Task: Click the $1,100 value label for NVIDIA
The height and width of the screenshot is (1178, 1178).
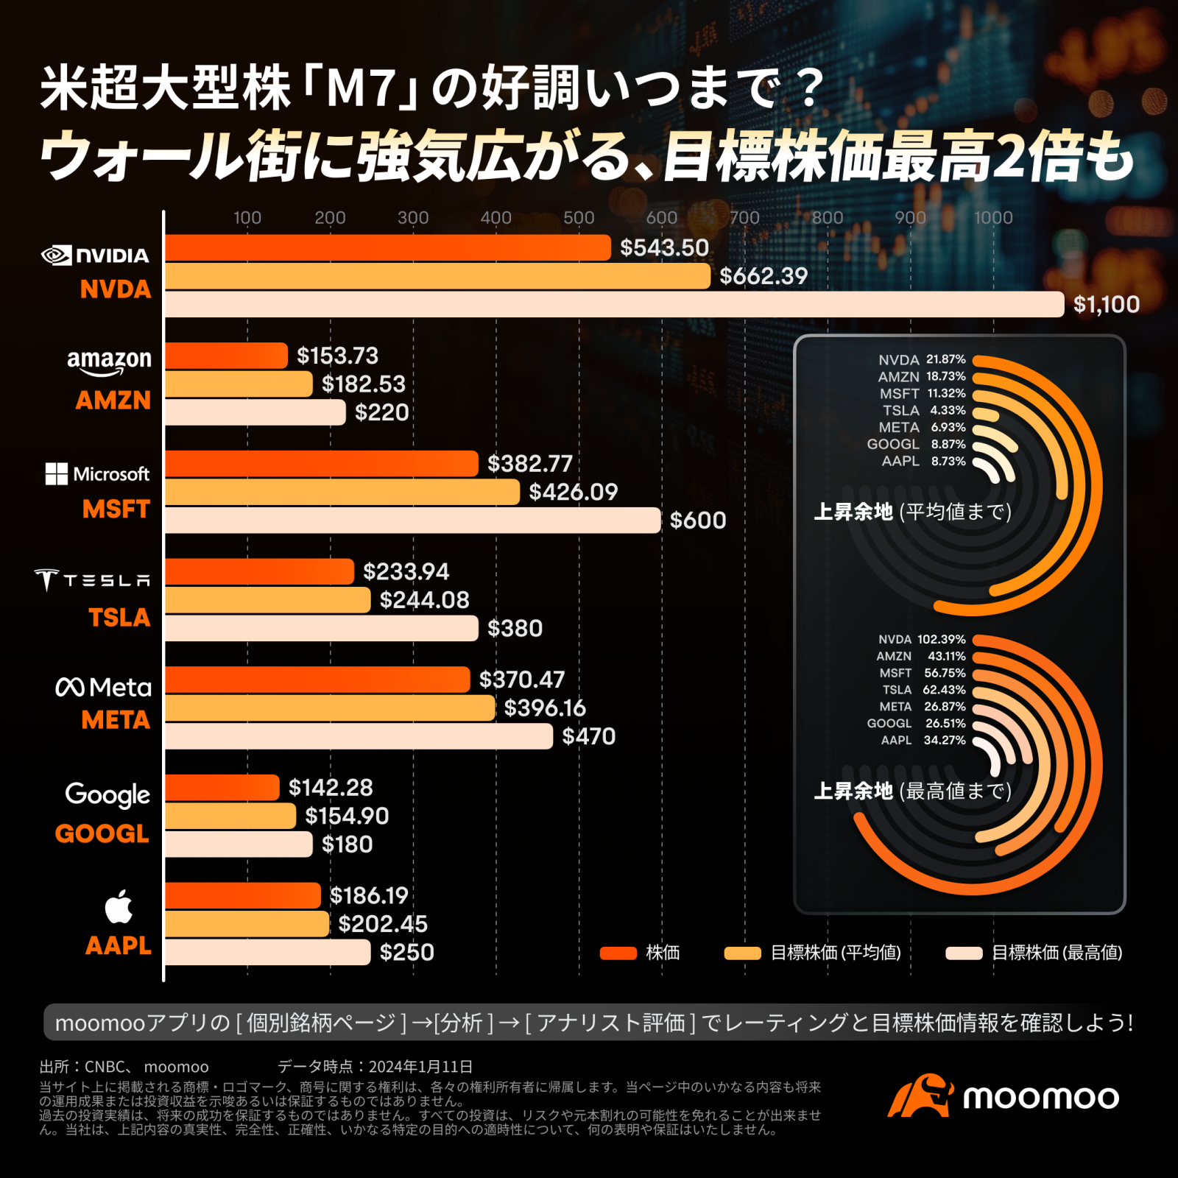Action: point(1106,304)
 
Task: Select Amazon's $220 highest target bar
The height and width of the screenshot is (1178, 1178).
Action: point(255,412)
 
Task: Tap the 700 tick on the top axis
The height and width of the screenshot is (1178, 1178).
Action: point(744,217)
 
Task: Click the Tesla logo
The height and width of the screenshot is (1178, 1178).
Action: point(92,580)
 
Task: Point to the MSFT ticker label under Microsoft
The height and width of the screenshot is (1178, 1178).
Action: point(116,509)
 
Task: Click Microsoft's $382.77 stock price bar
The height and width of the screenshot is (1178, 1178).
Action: point(321,463)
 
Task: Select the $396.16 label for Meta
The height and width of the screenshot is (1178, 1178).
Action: point(545,708)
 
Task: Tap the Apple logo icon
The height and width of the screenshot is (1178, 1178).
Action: point(119,906)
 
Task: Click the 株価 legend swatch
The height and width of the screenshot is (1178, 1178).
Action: point(618,953)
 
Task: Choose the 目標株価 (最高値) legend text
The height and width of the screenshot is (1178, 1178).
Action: point(1057,953)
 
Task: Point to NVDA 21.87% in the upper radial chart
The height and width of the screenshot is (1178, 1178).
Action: point(921,359)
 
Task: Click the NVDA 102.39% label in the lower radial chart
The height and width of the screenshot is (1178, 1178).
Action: point(921,639)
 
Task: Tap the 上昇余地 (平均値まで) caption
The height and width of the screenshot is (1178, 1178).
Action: point(912,512)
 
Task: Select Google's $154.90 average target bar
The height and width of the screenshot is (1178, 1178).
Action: point(230,816)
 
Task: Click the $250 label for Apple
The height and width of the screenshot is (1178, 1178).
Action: point(406,952)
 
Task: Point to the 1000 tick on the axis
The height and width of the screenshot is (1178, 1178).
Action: point(993,217)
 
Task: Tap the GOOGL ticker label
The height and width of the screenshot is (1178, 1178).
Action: point(102,833)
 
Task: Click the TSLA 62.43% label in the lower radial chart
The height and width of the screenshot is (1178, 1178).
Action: point(924,690)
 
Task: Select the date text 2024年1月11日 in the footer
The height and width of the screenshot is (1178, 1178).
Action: point(420,1066)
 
